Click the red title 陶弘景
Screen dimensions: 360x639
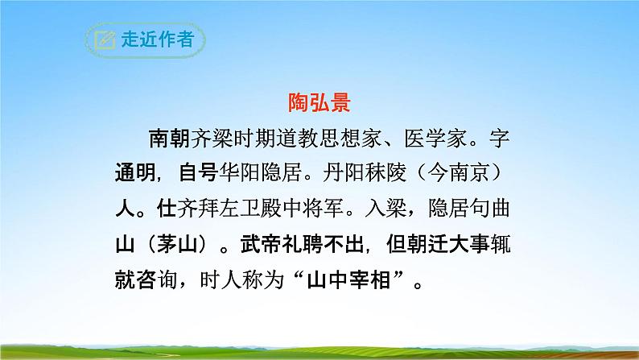pyautogui.click(x=320, y=103)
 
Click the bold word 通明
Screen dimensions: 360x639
pyautogui.click(x=134, y=174)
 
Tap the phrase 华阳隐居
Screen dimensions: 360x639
pyautogui.click(x=259, y=174)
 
